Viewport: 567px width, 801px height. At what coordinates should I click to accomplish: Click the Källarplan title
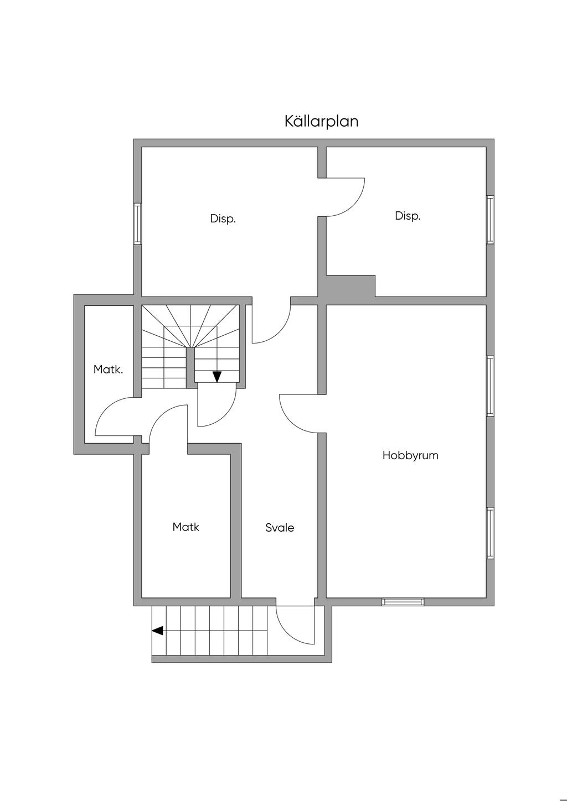[321, 121]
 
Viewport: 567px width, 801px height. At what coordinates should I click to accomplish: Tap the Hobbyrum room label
[410, 455]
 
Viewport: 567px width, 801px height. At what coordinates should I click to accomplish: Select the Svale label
[280, 528]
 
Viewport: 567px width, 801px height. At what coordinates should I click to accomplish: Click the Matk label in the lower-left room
[185, 527]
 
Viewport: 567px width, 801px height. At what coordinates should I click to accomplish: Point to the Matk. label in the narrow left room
[108, 370]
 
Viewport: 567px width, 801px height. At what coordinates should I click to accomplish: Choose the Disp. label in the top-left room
[223, 219]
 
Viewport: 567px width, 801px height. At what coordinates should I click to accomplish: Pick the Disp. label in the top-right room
[408, 216]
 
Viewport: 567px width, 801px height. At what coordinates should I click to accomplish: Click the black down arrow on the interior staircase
[217, 377]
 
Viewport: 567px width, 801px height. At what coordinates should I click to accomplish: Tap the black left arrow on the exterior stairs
[157, 631]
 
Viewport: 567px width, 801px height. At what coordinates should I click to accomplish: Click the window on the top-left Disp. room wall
[138, 223]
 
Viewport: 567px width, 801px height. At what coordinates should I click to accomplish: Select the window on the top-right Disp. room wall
[490, 220]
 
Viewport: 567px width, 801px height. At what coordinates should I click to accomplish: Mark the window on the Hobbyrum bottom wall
[403, 601]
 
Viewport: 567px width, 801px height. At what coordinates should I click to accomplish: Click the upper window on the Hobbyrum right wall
[490, 386]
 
